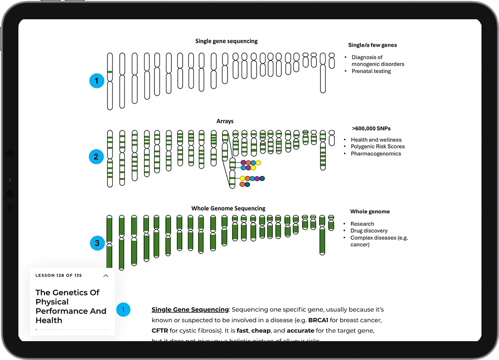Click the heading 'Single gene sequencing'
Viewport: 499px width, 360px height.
(226, 41)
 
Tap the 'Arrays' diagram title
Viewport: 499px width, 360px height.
(225, 121)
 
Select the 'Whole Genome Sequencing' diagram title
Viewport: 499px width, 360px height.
(228, 208)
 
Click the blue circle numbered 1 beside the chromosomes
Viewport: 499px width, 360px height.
(96, 81)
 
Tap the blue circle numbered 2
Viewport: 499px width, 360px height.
(96, 157)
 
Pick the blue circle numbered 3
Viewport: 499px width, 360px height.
(97, 244)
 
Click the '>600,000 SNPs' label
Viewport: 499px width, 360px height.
(365, 129)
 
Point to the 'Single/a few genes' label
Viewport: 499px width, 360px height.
(372, 45)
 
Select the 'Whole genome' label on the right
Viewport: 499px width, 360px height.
(370, 211)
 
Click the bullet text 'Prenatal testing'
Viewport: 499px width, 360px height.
(371, 71)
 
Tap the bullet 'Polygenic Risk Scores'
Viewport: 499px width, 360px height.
(377, 147)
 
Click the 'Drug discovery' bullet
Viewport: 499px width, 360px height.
(369, 231)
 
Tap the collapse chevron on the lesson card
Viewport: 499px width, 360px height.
(106, 276)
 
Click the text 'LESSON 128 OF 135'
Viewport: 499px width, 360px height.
(59, 276)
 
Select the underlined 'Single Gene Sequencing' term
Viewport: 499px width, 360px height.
(190, 310)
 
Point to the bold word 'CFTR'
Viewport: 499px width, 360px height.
(160, 331)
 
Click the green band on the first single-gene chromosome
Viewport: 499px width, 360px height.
(109, 72)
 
